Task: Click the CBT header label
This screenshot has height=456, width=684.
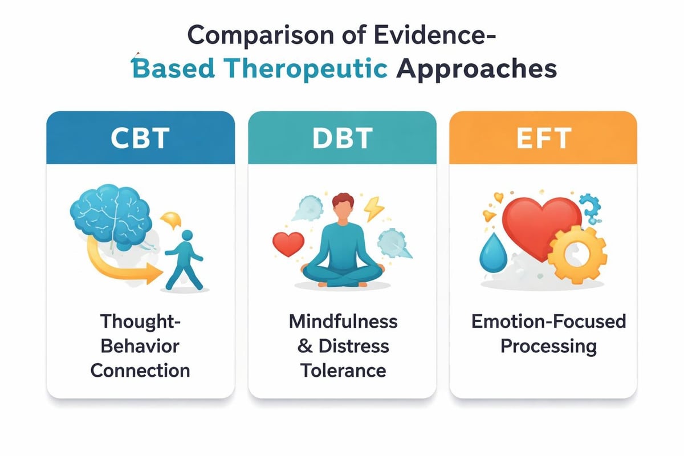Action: point(140,138)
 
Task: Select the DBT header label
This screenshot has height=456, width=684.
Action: point(342,138)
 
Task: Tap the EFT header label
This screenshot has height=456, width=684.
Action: point(543,138)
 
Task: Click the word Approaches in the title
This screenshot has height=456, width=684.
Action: point(476,68)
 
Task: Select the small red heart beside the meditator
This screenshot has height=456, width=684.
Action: point(288,243)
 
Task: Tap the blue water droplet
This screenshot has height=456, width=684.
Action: point(490,250)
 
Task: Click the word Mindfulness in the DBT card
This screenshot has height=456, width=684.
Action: point(343,321)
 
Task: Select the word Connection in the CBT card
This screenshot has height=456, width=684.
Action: point(140,370)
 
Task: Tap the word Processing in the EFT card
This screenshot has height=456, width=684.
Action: point(548,346)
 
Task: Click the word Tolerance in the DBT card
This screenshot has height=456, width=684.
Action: point(343,370)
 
